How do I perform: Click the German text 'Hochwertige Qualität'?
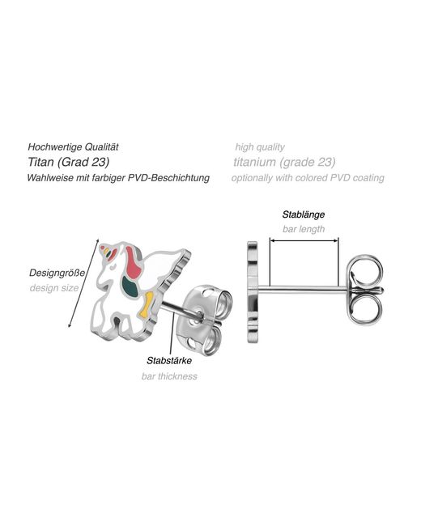(x=73, y=147)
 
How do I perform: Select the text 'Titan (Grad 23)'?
(x=69, y=162)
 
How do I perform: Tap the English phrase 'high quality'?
(x=260, y=147)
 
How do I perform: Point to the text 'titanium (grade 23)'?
(x=284, y=162)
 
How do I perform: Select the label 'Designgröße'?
(x=57, y=273)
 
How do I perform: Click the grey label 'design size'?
(x=54, y=288)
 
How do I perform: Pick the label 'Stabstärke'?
(x=169, y=361)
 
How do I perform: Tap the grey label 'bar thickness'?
(x=169, y=376)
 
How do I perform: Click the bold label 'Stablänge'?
(x=304, y=214)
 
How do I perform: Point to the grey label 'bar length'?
(x=304, y=229)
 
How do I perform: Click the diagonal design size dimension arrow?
(x=83, y=283)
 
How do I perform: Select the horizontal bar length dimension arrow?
(x=304, y=240)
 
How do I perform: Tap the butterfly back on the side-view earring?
(x=365, y=291)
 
